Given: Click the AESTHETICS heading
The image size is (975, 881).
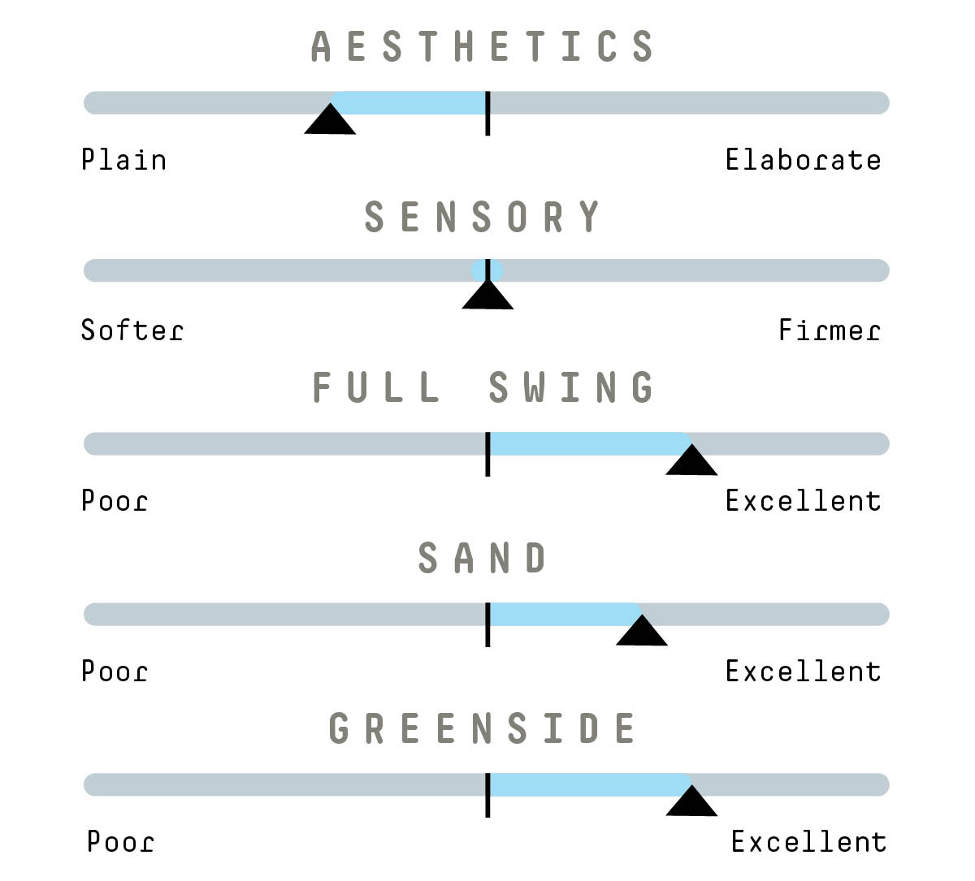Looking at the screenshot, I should [483, 46].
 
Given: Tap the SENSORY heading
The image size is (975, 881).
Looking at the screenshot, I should [483, 217].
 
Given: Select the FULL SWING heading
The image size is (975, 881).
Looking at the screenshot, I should [483, 387].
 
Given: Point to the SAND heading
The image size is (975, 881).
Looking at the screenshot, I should [483, 558].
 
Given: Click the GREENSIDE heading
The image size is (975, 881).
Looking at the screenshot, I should [483, 728].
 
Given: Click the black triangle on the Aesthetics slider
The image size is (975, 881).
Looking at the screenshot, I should [330, 121].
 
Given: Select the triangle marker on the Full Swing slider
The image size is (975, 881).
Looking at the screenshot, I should [691, 462].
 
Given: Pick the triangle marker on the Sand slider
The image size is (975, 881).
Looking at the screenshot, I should [642, 633].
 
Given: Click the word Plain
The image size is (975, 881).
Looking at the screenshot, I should [123, 160].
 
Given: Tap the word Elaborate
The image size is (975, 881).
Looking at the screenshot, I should [803, 160].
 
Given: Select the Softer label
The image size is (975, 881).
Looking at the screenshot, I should [132, 330].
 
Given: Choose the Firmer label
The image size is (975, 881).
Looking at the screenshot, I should [829, 330].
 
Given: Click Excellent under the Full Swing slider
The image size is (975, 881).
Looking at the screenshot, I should [803, 501].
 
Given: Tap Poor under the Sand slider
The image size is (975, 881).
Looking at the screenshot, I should [115, 672].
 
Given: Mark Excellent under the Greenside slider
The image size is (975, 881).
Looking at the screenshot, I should [808, 842].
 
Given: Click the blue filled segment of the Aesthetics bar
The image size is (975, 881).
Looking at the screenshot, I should [410, 103].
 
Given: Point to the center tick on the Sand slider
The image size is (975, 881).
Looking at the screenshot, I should [487, 624].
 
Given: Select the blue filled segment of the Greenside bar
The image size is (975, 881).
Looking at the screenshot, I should [589, 785].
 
